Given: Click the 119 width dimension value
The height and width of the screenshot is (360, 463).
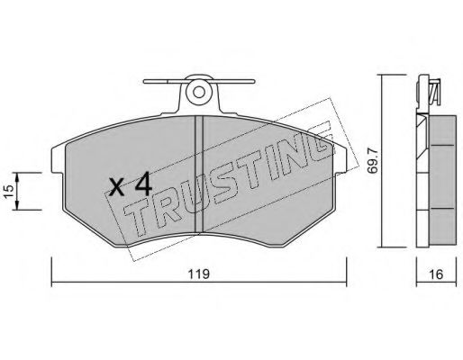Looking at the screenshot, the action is coord(198,274).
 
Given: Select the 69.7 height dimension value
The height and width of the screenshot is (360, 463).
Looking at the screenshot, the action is coord(373,161).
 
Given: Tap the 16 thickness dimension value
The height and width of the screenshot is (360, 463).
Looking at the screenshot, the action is coord(436,274).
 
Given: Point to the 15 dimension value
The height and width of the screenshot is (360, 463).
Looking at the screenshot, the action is coord(9,191).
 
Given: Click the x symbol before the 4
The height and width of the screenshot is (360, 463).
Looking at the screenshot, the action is coord(116,186).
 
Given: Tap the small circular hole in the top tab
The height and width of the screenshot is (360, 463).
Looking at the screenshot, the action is coord(199,92).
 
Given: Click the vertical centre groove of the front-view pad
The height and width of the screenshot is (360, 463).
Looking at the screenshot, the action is coord(199,175).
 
